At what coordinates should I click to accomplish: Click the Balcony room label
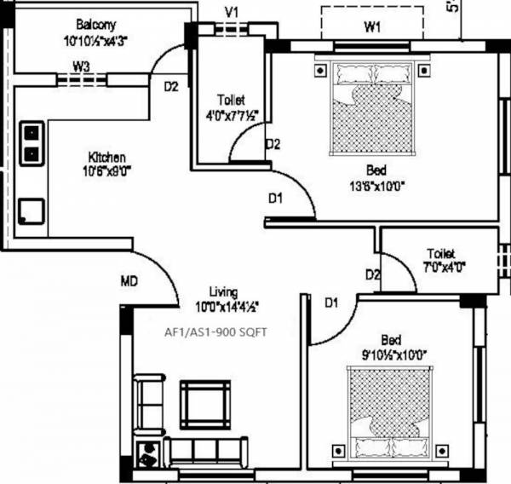95,24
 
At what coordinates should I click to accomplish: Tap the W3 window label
81,65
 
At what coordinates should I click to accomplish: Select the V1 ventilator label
230,11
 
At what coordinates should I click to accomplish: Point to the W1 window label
371,26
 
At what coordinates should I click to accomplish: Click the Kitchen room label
107,158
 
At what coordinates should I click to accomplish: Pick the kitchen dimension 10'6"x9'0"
107,171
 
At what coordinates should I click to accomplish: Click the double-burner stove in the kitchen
32,143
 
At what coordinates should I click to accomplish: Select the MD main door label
129,281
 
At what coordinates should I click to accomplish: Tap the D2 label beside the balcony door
170,86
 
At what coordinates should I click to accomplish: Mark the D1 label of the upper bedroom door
275,199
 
